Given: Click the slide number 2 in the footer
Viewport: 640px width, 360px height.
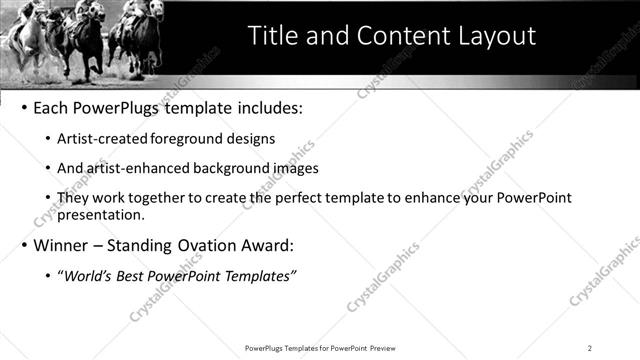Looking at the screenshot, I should [x=590, y=348].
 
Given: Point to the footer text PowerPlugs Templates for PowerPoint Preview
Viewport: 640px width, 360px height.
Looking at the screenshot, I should [x=319, y=348].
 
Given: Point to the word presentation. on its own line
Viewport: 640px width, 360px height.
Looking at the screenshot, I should [x=103, y=215].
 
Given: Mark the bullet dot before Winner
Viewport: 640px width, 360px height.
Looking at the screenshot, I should [x=23, y=246].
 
